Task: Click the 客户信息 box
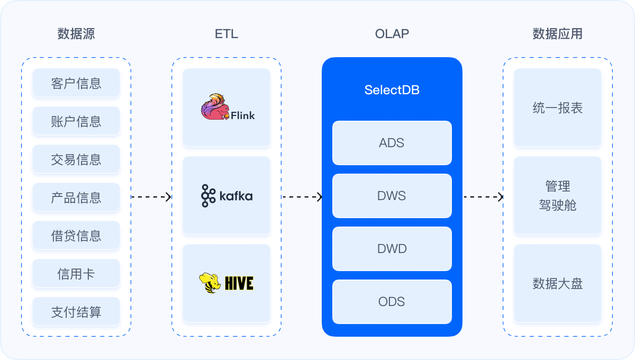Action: pyautogui.click(x=76, y=83)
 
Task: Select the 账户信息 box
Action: pyautogui.click(x=76, y=121)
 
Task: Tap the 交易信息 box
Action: pyautogui.click(x=76, y=159)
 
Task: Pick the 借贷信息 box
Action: pyautogui.click(x=76, y=236)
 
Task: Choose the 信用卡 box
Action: pyautogui.click(x=76, y=274)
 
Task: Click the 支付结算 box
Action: pyautogui.click(x=76, y=312)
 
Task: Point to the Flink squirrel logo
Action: pyautogui.click(x=215, y=107)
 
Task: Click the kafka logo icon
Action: pyautogui.click(x=208, y=196)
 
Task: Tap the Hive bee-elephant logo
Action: pyautogui.click(x=210, y=283)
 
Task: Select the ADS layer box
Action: pyautogui.click(x=392, y=143)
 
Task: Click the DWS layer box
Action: pyautogui.click(x=392, y=196)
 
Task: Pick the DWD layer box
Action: pyautogui.click(x=392, y=249)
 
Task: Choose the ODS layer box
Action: pyautogui.click(x=392, y=302)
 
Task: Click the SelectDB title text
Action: pyautogui.click(x=392, y=90)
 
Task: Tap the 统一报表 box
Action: pyautogui.click(x=557, y=108)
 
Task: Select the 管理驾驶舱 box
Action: pyautogui.click(x=557, y=195)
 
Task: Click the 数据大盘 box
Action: pyautogui.click(x=557, y=283)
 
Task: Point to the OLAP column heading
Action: pyautogui.click(x=392, y=34)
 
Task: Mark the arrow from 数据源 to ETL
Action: pyautogui.click(x=151, y=197)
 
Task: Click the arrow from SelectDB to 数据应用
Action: pyautogui.click(x=483, y=197)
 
